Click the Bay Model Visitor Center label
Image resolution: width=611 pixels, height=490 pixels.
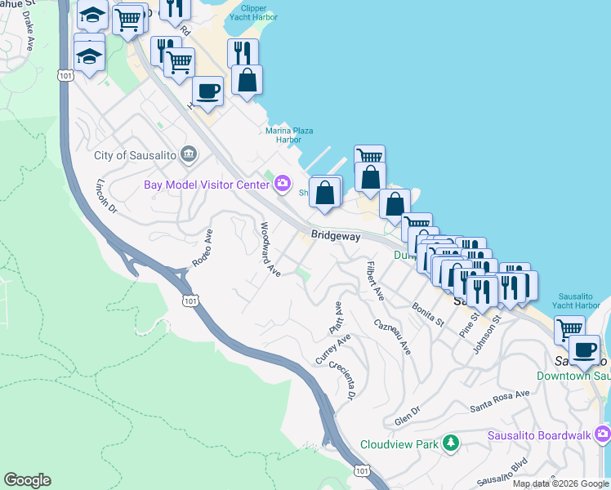coord(207,184)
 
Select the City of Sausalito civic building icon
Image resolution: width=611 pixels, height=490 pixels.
coord(189,154)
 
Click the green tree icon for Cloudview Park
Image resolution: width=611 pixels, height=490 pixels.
coord(449,444)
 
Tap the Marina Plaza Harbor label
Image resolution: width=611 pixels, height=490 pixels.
coord(289,135)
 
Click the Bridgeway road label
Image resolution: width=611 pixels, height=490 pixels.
coord(335,235)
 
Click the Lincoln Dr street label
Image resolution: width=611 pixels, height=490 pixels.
coord(107,197)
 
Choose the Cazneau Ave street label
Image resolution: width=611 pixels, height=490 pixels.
coord(393,336)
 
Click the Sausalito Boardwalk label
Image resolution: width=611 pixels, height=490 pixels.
coord(538,434)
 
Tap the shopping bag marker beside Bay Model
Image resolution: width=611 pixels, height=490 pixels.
coord(325,194)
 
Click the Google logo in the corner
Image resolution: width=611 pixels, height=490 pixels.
coord(27,480)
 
